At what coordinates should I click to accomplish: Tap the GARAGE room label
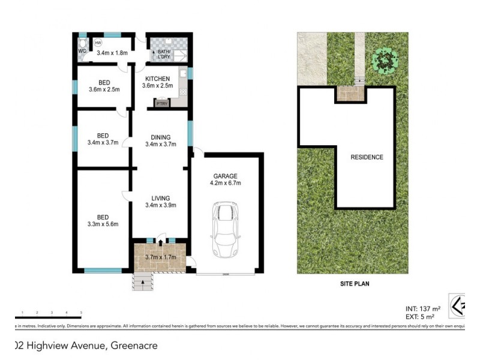click(x=226, y=176)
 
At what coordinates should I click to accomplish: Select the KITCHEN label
click(x=157, y=79)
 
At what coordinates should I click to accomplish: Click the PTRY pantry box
click(x=162, y=104)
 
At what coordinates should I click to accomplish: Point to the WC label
click(x=82, y=51)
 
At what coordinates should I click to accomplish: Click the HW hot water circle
click(x=97, y=43)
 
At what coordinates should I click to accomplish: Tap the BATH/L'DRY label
click(x=163, y=55)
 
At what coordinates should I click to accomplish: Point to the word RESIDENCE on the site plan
click(x=367, y=157)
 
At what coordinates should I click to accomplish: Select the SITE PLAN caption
click(x=352, y=284)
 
